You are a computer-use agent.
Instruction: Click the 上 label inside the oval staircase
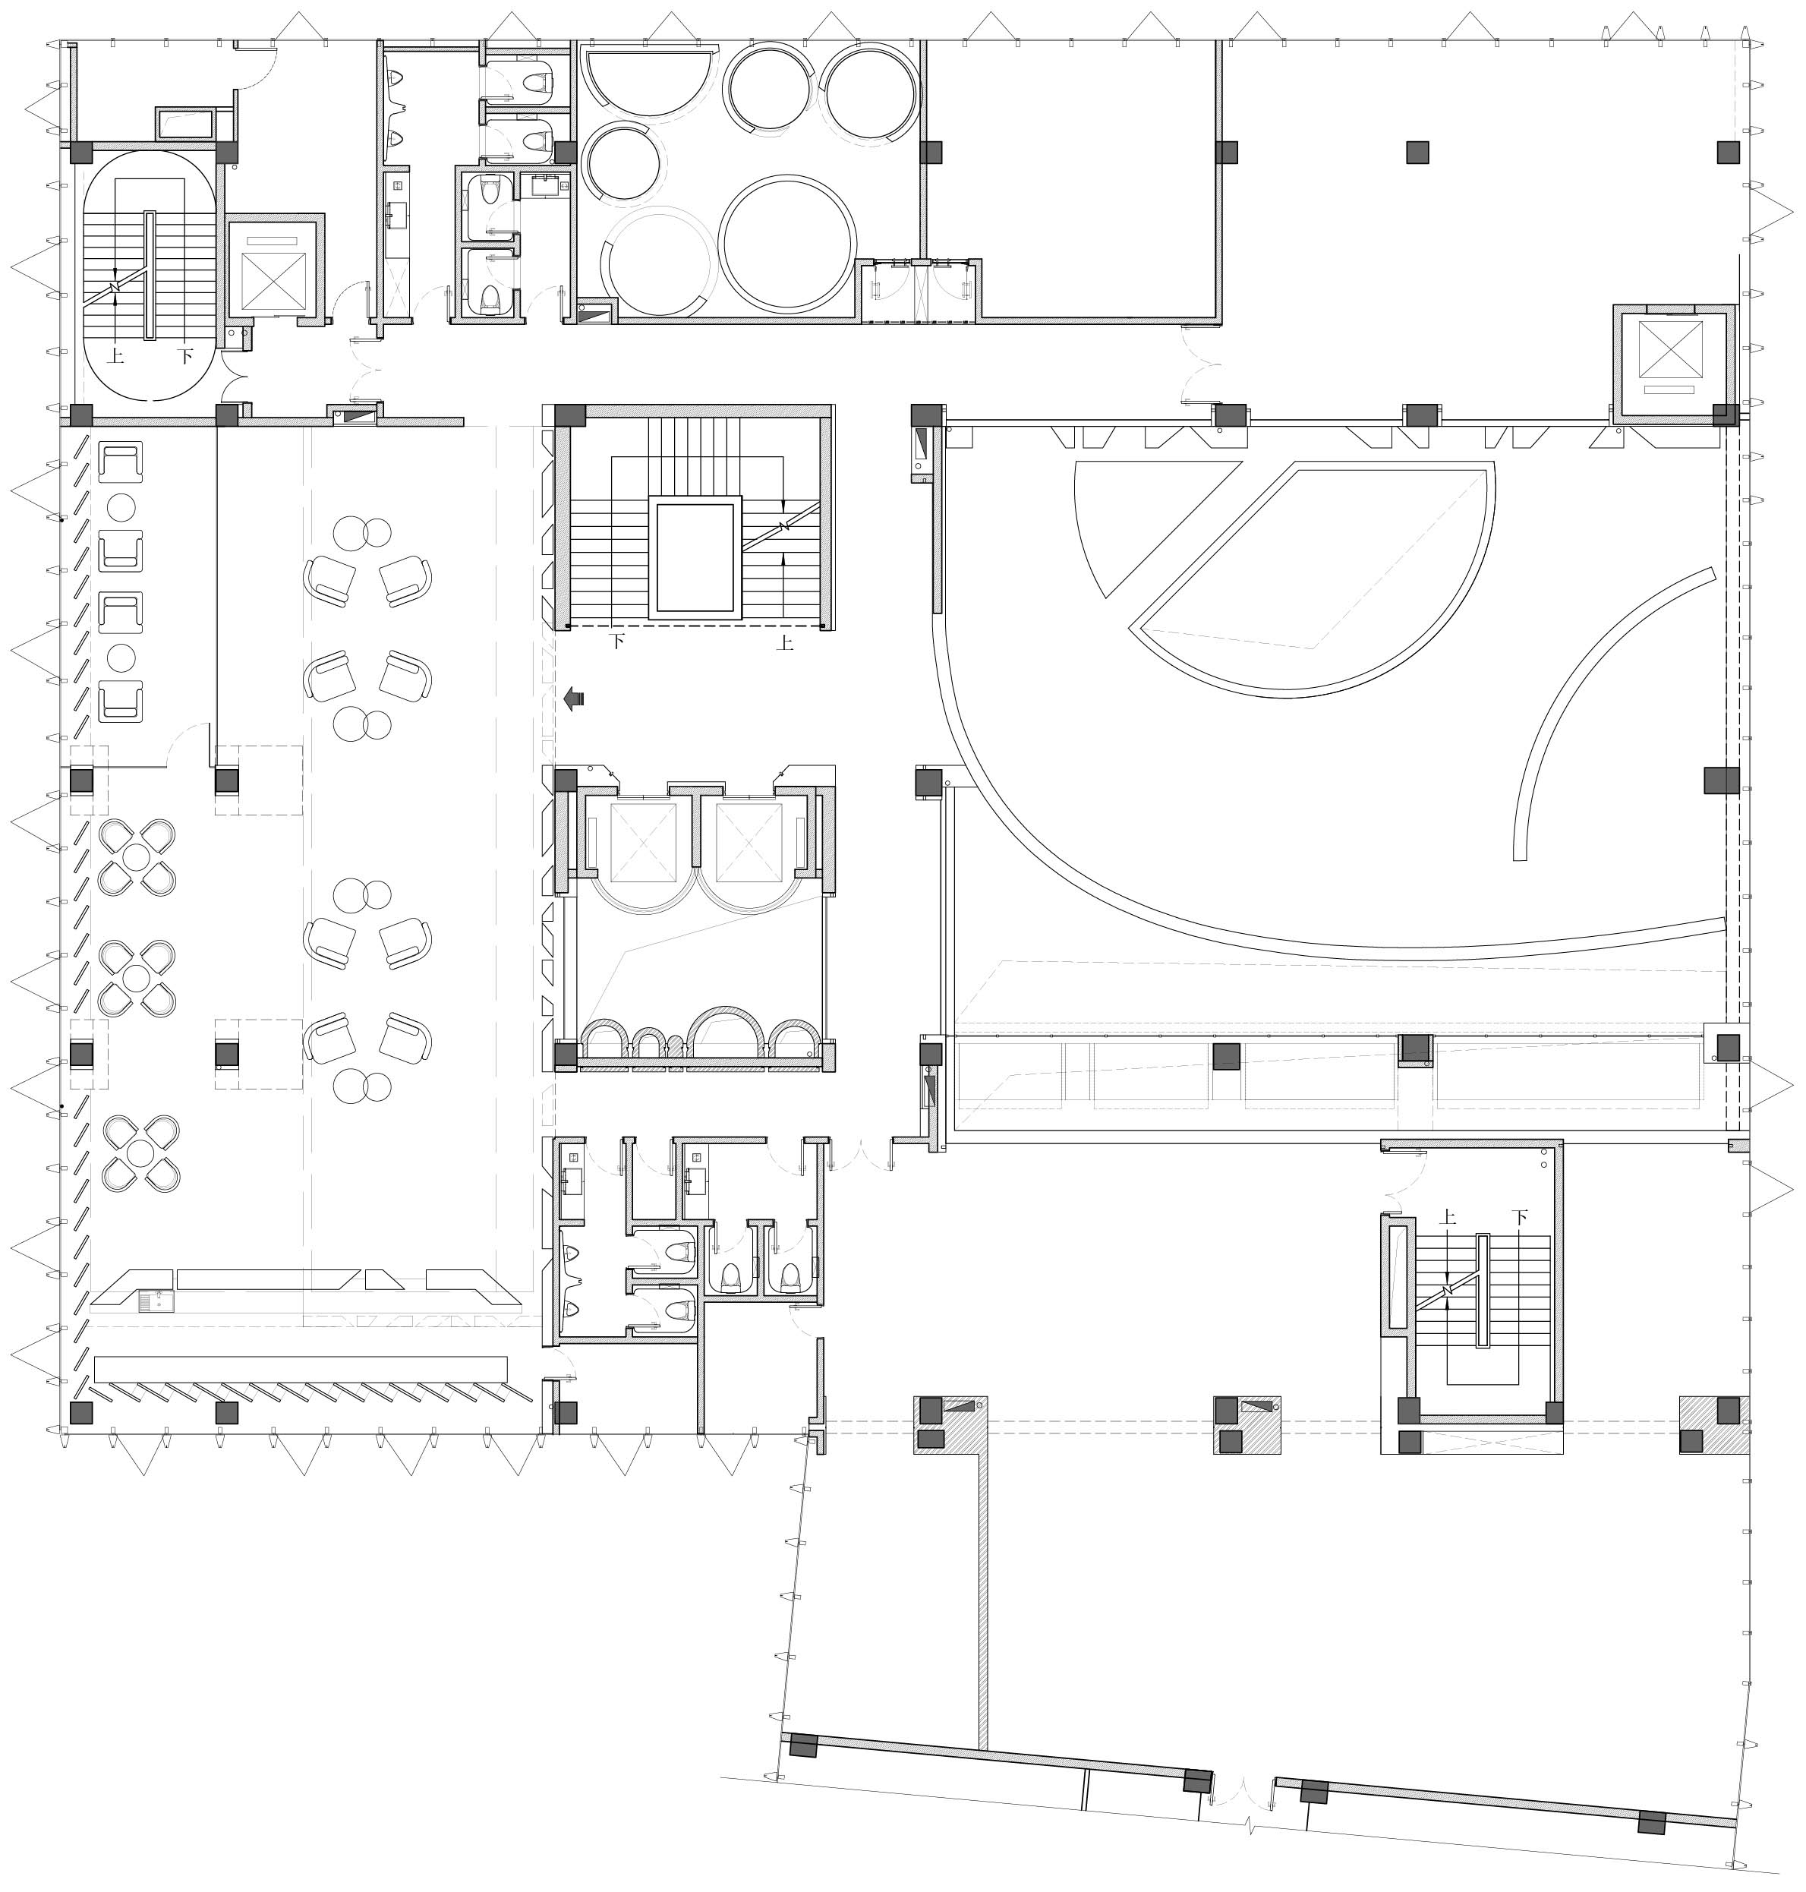coord(115,356)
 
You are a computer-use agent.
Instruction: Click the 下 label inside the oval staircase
coord(186,356)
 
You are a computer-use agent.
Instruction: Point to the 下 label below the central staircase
coord(618,640)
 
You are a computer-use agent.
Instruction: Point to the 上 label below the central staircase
coord(785,643)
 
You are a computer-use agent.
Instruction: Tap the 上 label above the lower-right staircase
coord(1448,1217)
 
